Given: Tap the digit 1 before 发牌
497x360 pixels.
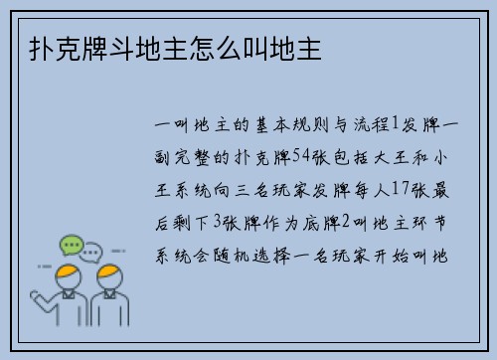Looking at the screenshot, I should point(394,125).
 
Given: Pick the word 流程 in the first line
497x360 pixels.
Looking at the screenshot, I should point(370,125).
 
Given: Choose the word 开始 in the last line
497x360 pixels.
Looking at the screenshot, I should point(406,247).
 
